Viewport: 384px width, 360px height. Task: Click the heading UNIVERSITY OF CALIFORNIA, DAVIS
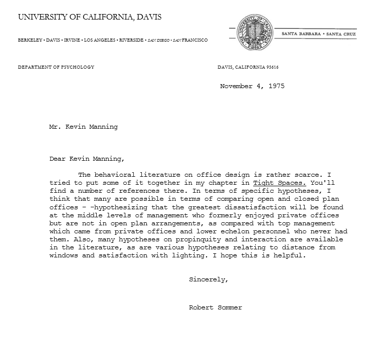click(x=90, y=17)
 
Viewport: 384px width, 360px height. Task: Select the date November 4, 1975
click(x=252, y=86)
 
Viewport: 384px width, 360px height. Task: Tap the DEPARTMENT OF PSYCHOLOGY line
click(x=56, y=67)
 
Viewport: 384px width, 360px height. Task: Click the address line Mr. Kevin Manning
click(x=83, y=127)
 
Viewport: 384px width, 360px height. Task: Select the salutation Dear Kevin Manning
click(x=86, y=159)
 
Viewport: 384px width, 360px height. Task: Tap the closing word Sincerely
click(x=209, y=279)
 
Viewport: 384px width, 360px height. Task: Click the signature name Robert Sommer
click(x=215, y=307)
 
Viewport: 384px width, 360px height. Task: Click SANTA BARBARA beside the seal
click(x=301, y=34)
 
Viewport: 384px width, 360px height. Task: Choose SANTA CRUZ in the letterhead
click(x=341, y=34)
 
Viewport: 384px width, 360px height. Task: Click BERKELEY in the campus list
click(x=30, y=40)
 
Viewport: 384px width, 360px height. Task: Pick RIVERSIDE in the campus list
click(x=131, y=40)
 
